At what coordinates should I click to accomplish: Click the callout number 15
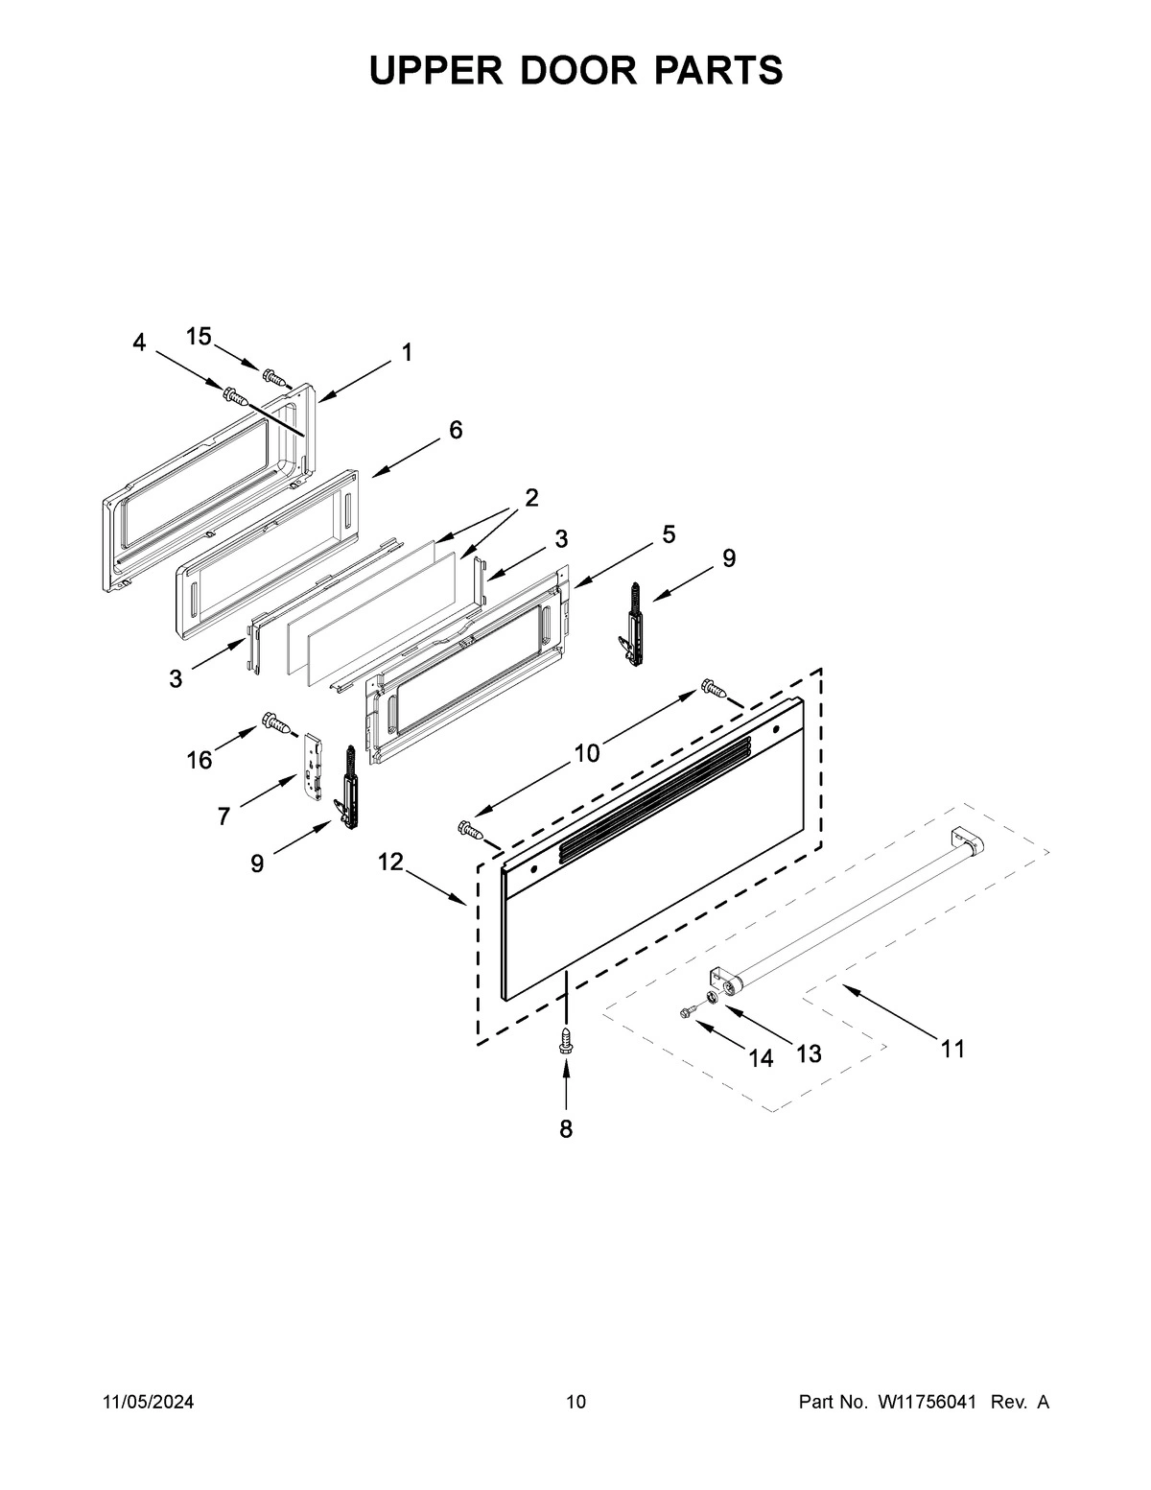[199, 336]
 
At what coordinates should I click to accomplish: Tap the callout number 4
[140, 343]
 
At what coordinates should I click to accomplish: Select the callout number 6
[456, 431]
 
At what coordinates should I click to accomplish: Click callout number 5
[668, 534]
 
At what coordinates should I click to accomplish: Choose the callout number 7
[223, 816]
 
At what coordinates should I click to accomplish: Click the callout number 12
[390, 862]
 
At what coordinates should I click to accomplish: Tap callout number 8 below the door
[566, 1129]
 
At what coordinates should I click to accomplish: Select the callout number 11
[952, 1049]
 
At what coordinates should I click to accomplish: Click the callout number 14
[761, 1058]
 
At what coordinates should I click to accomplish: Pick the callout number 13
[809, 1054]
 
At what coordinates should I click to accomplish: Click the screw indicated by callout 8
[566, 1040]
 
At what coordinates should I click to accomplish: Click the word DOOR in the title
[575, 70]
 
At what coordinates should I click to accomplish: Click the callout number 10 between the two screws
[586, 754]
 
